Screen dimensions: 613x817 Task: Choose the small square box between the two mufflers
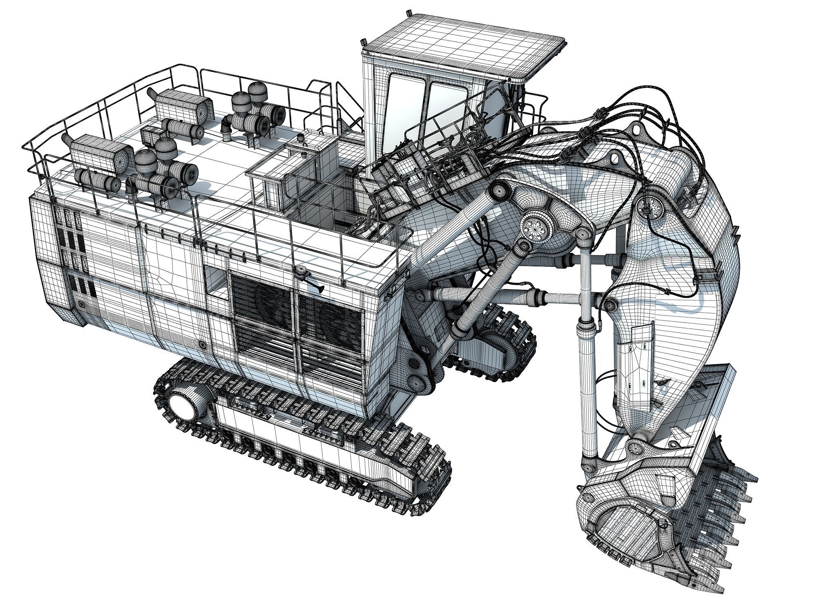(151, 134)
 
